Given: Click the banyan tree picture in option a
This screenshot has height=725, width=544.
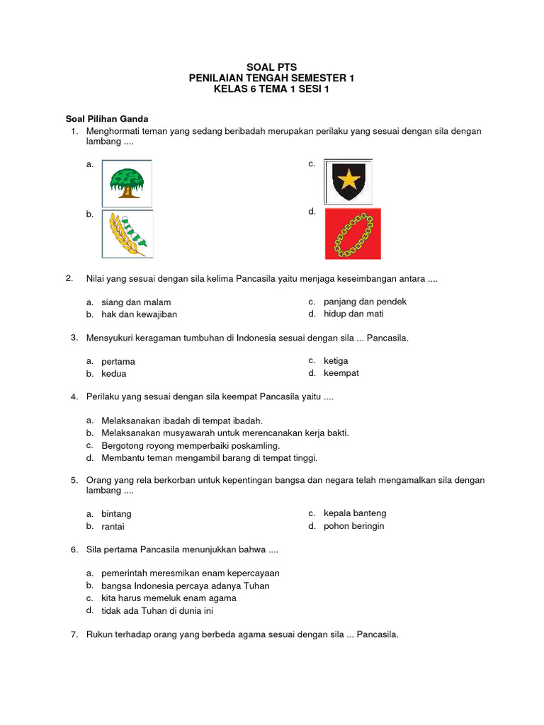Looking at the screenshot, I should coord(127,183).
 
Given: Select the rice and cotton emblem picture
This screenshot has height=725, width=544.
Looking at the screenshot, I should coord(127,234).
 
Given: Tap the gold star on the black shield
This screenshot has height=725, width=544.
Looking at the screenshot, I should coord(348,181).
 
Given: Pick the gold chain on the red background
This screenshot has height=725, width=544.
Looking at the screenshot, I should coord(353,234).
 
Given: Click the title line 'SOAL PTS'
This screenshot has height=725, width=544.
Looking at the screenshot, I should coord(271,67).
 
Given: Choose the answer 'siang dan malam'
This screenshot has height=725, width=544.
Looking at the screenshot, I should coord(136,302).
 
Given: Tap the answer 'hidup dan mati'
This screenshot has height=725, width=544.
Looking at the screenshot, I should coord(353,314).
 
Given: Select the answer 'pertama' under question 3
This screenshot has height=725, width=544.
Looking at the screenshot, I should coord(118,362).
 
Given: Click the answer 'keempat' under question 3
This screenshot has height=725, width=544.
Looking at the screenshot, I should coord(341,373).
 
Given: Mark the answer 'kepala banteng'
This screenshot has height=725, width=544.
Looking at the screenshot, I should coord(355,513).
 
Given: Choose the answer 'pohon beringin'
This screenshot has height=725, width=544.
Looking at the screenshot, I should coord(353,526).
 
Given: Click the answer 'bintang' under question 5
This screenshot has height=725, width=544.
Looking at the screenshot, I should coord(116,514).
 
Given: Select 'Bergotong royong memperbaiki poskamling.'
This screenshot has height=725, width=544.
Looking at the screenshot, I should coord(191,446).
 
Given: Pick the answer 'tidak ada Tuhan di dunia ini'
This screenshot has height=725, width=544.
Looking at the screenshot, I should coord(157,610).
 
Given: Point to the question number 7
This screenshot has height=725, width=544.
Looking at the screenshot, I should coord(74,634).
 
